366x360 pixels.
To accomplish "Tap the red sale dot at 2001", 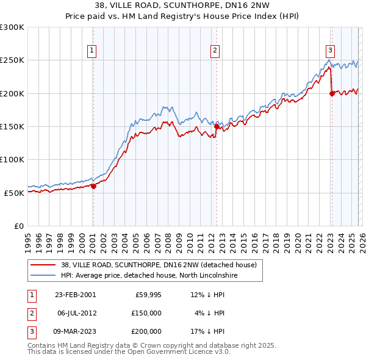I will pyautogui.click(x=93, y=186).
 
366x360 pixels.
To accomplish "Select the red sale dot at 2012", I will pyautogui.click(x=217, y=127).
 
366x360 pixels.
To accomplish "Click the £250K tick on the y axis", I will pyautogui.click(x=12, y=60).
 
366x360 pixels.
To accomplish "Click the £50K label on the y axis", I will pyautogui.click(x=14, y=193).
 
